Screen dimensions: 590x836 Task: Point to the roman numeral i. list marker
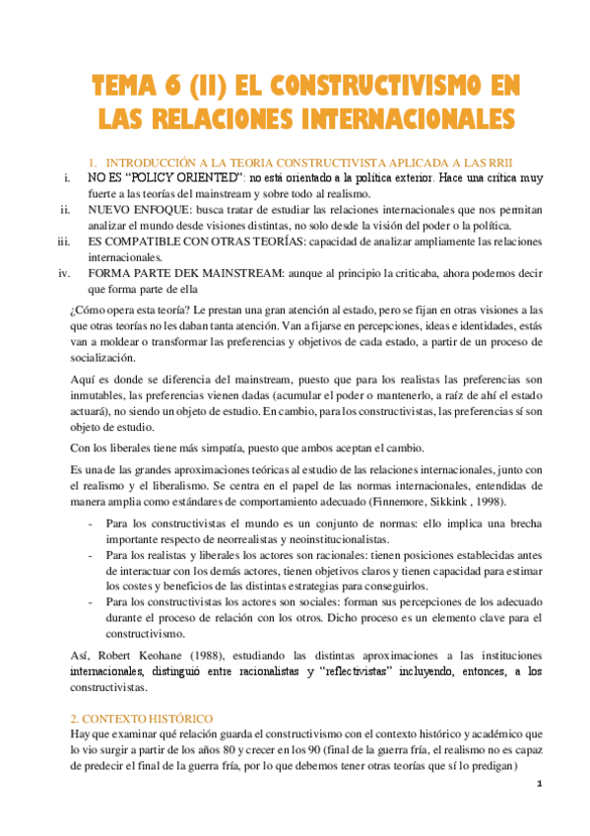coord(64,177)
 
